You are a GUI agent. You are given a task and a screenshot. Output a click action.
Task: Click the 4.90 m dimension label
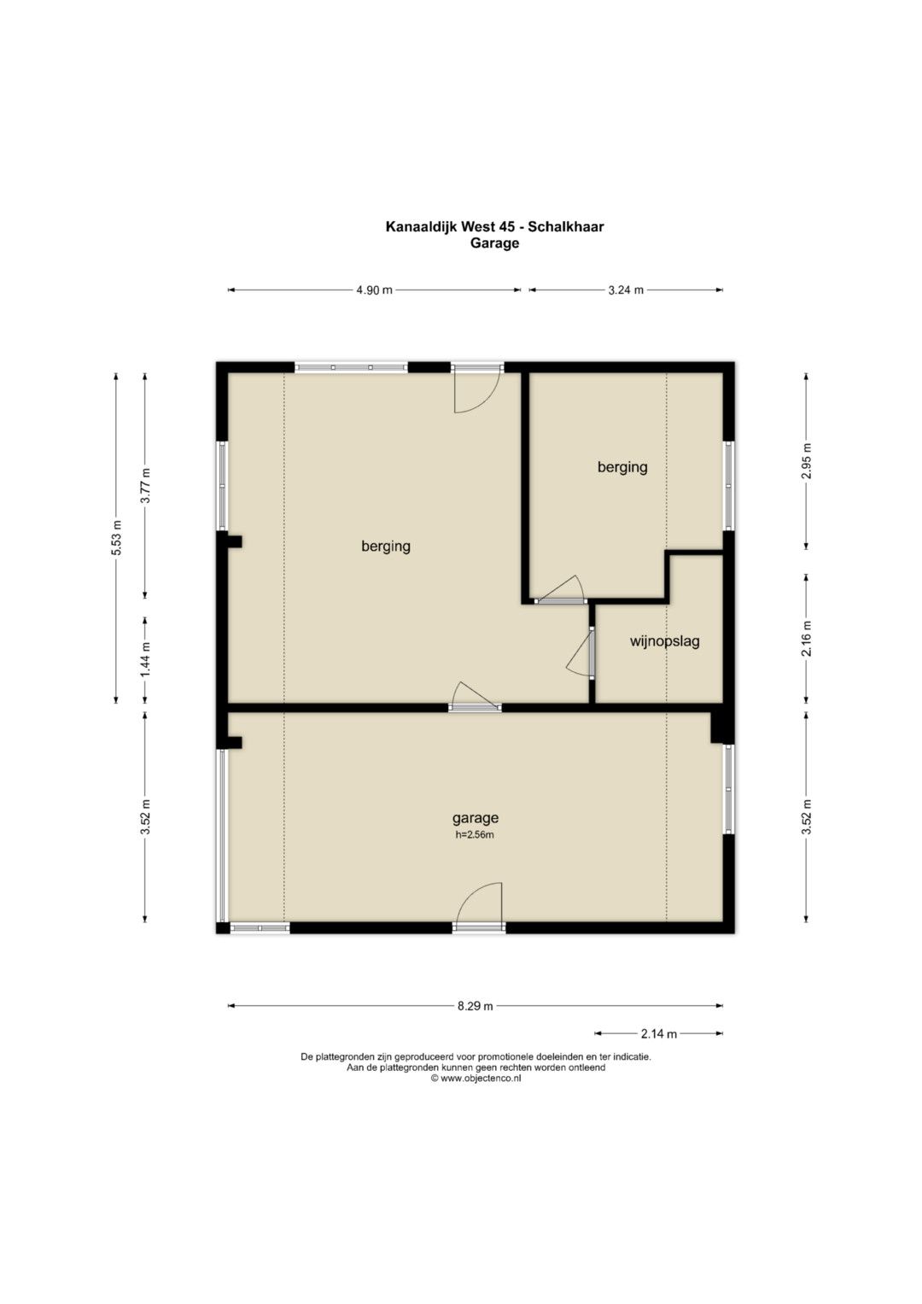[374, 289]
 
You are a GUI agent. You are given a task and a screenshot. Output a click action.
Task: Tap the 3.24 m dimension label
[626, 289]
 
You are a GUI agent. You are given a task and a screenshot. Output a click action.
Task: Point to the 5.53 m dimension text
[116, 537]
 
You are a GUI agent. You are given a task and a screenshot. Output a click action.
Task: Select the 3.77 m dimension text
[145, 486]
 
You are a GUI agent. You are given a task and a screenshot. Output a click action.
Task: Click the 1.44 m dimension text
[145, 658]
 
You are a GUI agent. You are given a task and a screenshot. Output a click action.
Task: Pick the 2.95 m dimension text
[806, 461]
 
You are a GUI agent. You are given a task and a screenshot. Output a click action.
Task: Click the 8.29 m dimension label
[475, 1006]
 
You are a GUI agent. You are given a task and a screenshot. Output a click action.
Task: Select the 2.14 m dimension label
[659, 1034]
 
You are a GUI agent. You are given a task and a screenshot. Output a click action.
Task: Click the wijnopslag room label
[665, 641]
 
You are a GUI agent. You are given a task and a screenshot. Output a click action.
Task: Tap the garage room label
[476, 818]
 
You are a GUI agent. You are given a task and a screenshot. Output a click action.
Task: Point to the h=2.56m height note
[475, 835]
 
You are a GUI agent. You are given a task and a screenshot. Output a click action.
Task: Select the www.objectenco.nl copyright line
[476, 1079]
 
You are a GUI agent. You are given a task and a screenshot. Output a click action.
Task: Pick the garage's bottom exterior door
[478, 908]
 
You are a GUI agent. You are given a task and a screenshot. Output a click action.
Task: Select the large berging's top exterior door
[477, 389]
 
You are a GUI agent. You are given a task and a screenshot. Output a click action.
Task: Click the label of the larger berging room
[386, 547]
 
